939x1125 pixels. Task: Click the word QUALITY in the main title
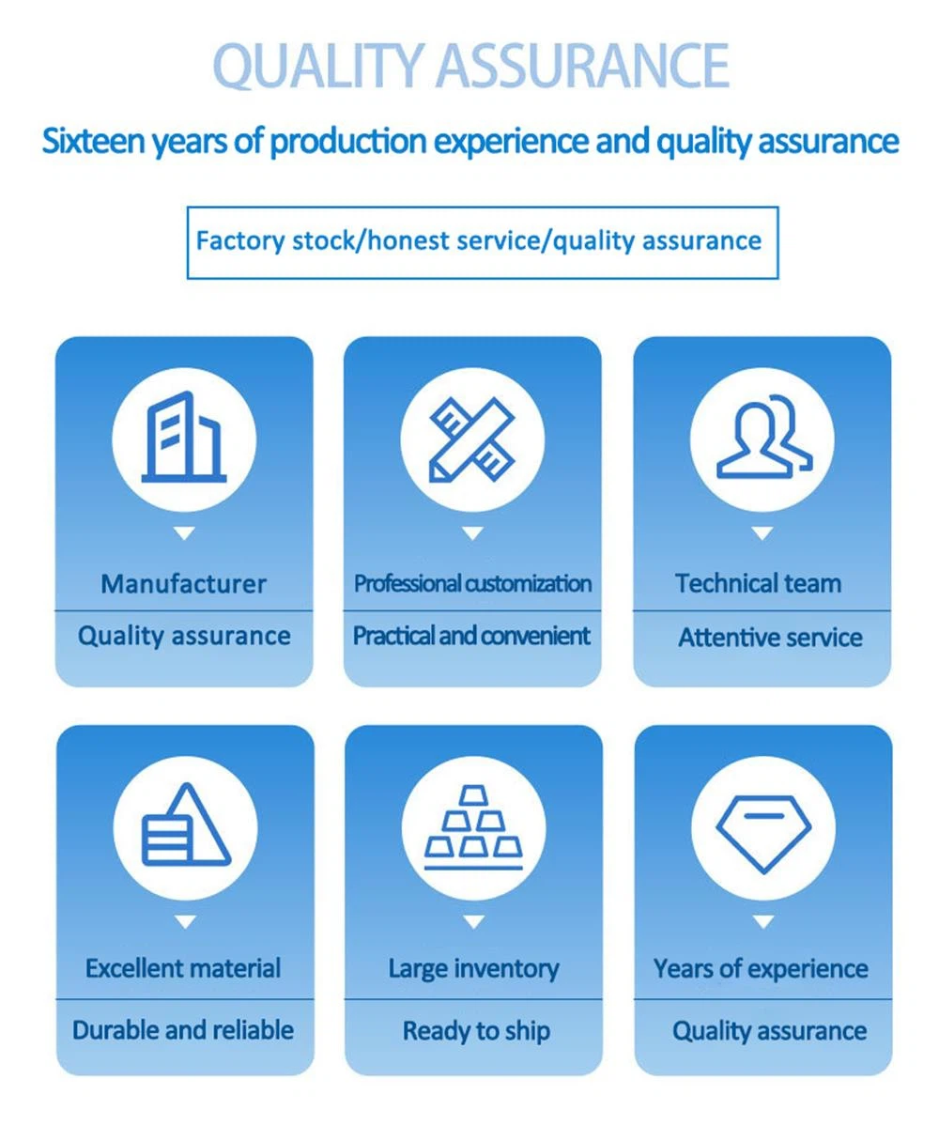pyautogui.click(x=317, y=67)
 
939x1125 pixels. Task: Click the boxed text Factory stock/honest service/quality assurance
pyautogui.click(x=479, y=241)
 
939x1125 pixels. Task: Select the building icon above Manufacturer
pyautogui.click(x=184, y=437)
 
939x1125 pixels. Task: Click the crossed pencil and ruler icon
pyautogui.click(x=472, y=439)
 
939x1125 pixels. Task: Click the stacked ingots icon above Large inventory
pyautogui.click(x=473, y=827)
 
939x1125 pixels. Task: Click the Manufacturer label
pyautogui.click(x=184, y=584)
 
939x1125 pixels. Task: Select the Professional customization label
pyautogui.click(x=472, y=584)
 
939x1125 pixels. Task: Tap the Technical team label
pyautogui.click(x=758, y=584)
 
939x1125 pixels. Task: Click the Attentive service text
pyautogui.click(x=770, y=637)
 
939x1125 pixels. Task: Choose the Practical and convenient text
pyautogui.click(x=471, y=637)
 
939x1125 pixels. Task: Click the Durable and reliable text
pyautogui.click(x=183, y=1030)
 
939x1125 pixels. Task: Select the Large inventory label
pyautogui.click(x=473, y=969)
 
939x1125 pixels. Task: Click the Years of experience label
pyautogui.click(x=762, y=969)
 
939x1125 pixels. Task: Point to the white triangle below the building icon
pyautogui.click(x=184, y=533)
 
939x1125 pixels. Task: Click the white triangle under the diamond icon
pyautogui.click(x=763, y=922)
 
